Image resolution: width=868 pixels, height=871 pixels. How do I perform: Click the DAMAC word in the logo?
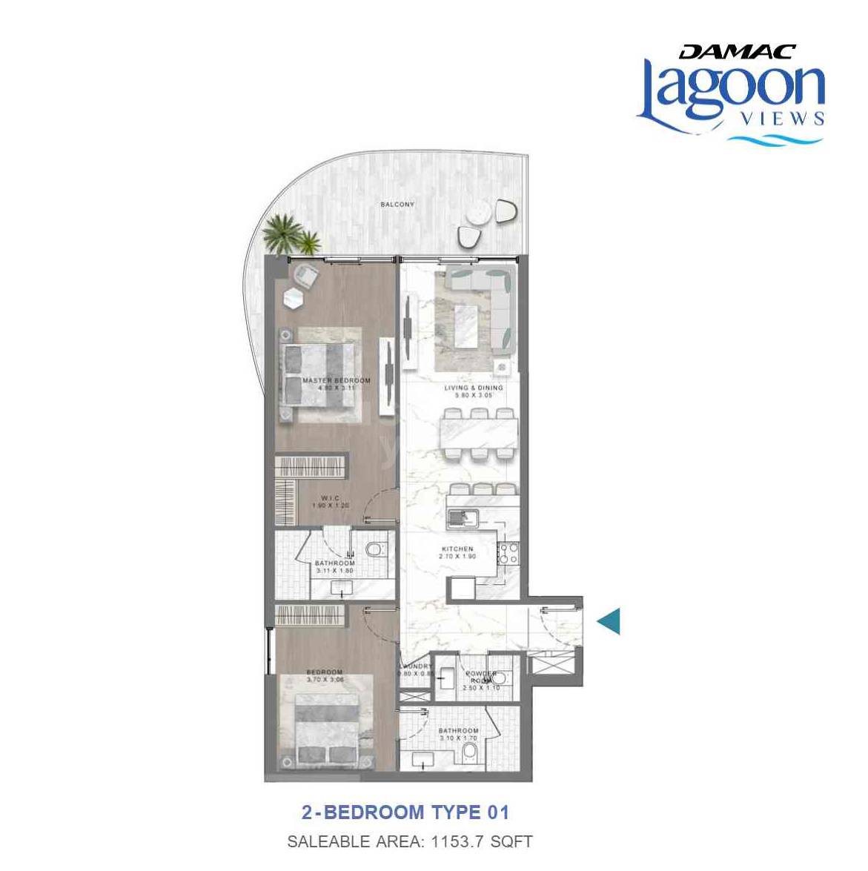[x=737, y=52]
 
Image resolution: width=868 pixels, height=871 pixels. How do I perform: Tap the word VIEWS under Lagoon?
[x=783, y=119]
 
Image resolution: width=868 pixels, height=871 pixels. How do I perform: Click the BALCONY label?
[x=397, y=205]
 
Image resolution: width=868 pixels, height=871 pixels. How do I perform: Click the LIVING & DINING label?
[x=473, y=388]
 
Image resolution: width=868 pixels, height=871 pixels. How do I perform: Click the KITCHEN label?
[x=457, y=549]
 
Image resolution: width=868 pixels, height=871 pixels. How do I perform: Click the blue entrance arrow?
[x=609, y=621]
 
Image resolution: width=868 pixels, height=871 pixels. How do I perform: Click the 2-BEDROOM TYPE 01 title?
[x=405, y=812]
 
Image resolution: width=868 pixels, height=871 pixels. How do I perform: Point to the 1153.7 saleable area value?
[x=453, y=841]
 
